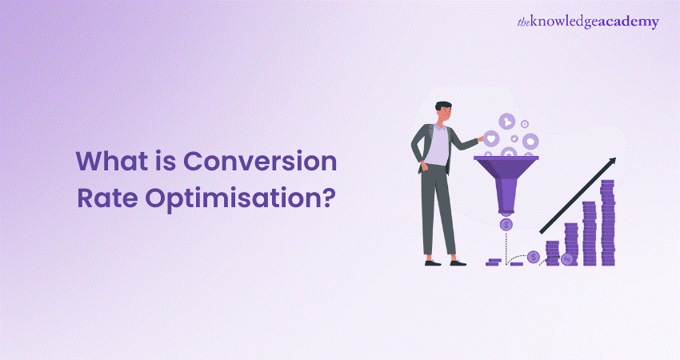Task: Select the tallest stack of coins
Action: [x=607, y=222]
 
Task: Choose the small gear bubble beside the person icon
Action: [x=525, y=124]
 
